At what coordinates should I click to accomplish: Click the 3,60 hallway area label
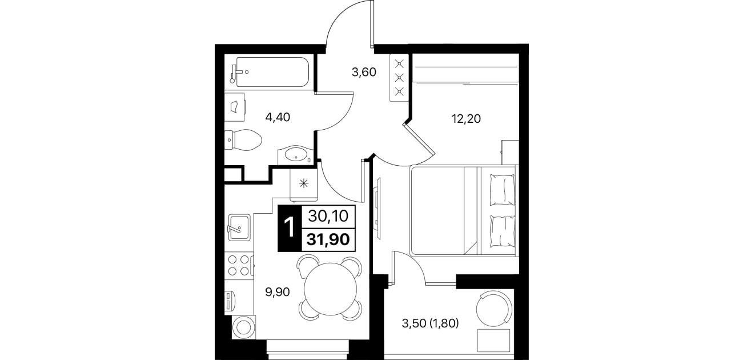(364, 72)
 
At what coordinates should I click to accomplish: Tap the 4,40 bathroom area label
(278, 117)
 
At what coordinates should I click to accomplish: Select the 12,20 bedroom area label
(466, 118)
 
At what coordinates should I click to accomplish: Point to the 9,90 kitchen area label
(278, 292)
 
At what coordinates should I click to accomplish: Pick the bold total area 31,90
(328, 239)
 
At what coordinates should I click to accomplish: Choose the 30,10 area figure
(328, 216)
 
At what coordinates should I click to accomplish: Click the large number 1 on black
(290, 227)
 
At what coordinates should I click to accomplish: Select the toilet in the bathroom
(243, 140)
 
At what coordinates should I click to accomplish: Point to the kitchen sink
(239, 227)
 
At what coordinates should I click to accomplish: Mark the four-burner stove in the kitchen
(239, 265)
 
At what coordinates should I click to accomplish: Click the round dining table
(330, 289)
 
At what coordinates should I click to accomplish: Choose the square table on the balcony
(493, 341)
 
